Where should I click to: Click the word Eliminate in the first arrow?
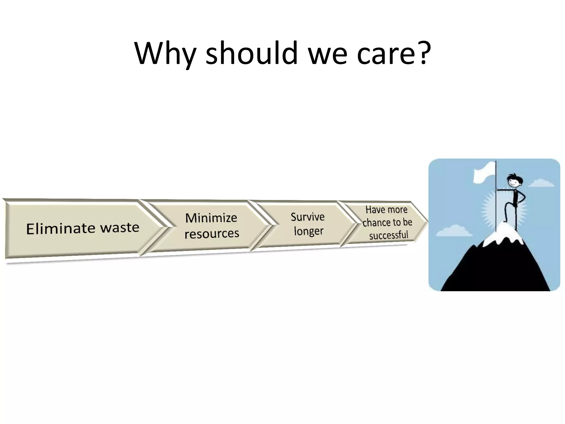click(60, 229)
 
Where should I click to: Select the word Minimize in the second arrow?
click(211, 218)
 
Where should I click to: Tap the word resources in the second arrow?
click(212, 234)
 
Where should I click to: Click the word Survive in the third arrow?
click(308, 217)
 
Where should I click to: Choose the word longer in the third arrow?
click(308, 231)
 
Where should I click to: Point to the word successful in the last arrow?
click(388, 235)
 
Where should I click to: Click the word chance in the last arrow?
click(375, 223)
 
